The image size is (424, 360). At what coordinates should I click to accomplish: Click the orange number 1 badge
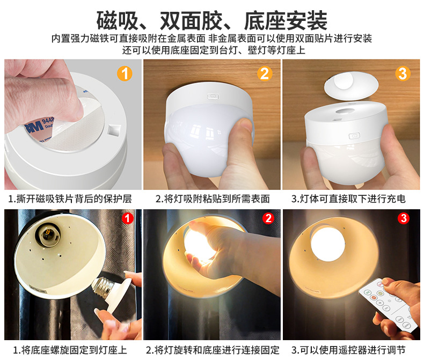tap(125, 74)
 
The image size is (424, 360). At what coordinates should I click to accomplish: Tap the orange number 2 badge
tap(265, 74)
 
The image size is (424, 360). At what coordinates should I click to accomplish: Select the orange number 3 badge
tap(403, 74)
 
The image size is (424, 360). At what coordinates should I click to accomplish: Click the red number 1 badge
tap(128, 218)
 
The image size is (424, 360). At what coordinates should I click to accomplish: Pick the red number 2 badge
tap(268, 218)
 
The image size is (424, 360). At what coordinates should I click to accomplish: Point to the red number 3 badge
tap(404, 218)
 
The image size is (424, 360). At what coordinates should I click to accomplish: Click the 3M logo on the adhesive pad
tap(34, 127)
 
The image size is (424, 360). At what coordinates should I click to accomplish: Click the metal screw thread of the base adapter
tap(102, 287)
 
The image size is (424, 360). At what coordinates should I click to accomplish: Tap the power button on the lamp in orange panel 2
tap(213, 95)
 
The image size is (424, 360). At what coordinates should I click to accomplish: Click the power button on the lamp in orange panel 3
tap(354, 136)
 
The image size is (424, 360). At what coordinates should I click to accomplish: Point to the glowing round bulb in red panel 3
tap(328, 244)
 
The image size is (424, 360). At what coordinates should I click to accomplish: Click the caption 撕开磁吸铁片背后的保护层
tap(74, 199)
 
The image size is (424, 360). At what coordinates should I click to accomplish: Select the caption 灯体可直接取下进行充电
tap(353, 199)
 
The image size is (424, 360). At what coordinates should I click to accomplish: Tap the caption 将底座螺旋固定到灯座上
tap(74, 350)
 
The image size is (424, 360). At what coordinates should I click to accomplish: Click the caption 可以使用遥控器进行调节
tap(353, 350)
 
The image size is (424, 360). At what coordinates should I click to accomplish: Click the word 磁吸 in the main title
tap(118, 20)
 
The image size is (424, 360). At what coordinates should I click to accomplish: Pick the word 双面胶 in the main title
tap(191, 20)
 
